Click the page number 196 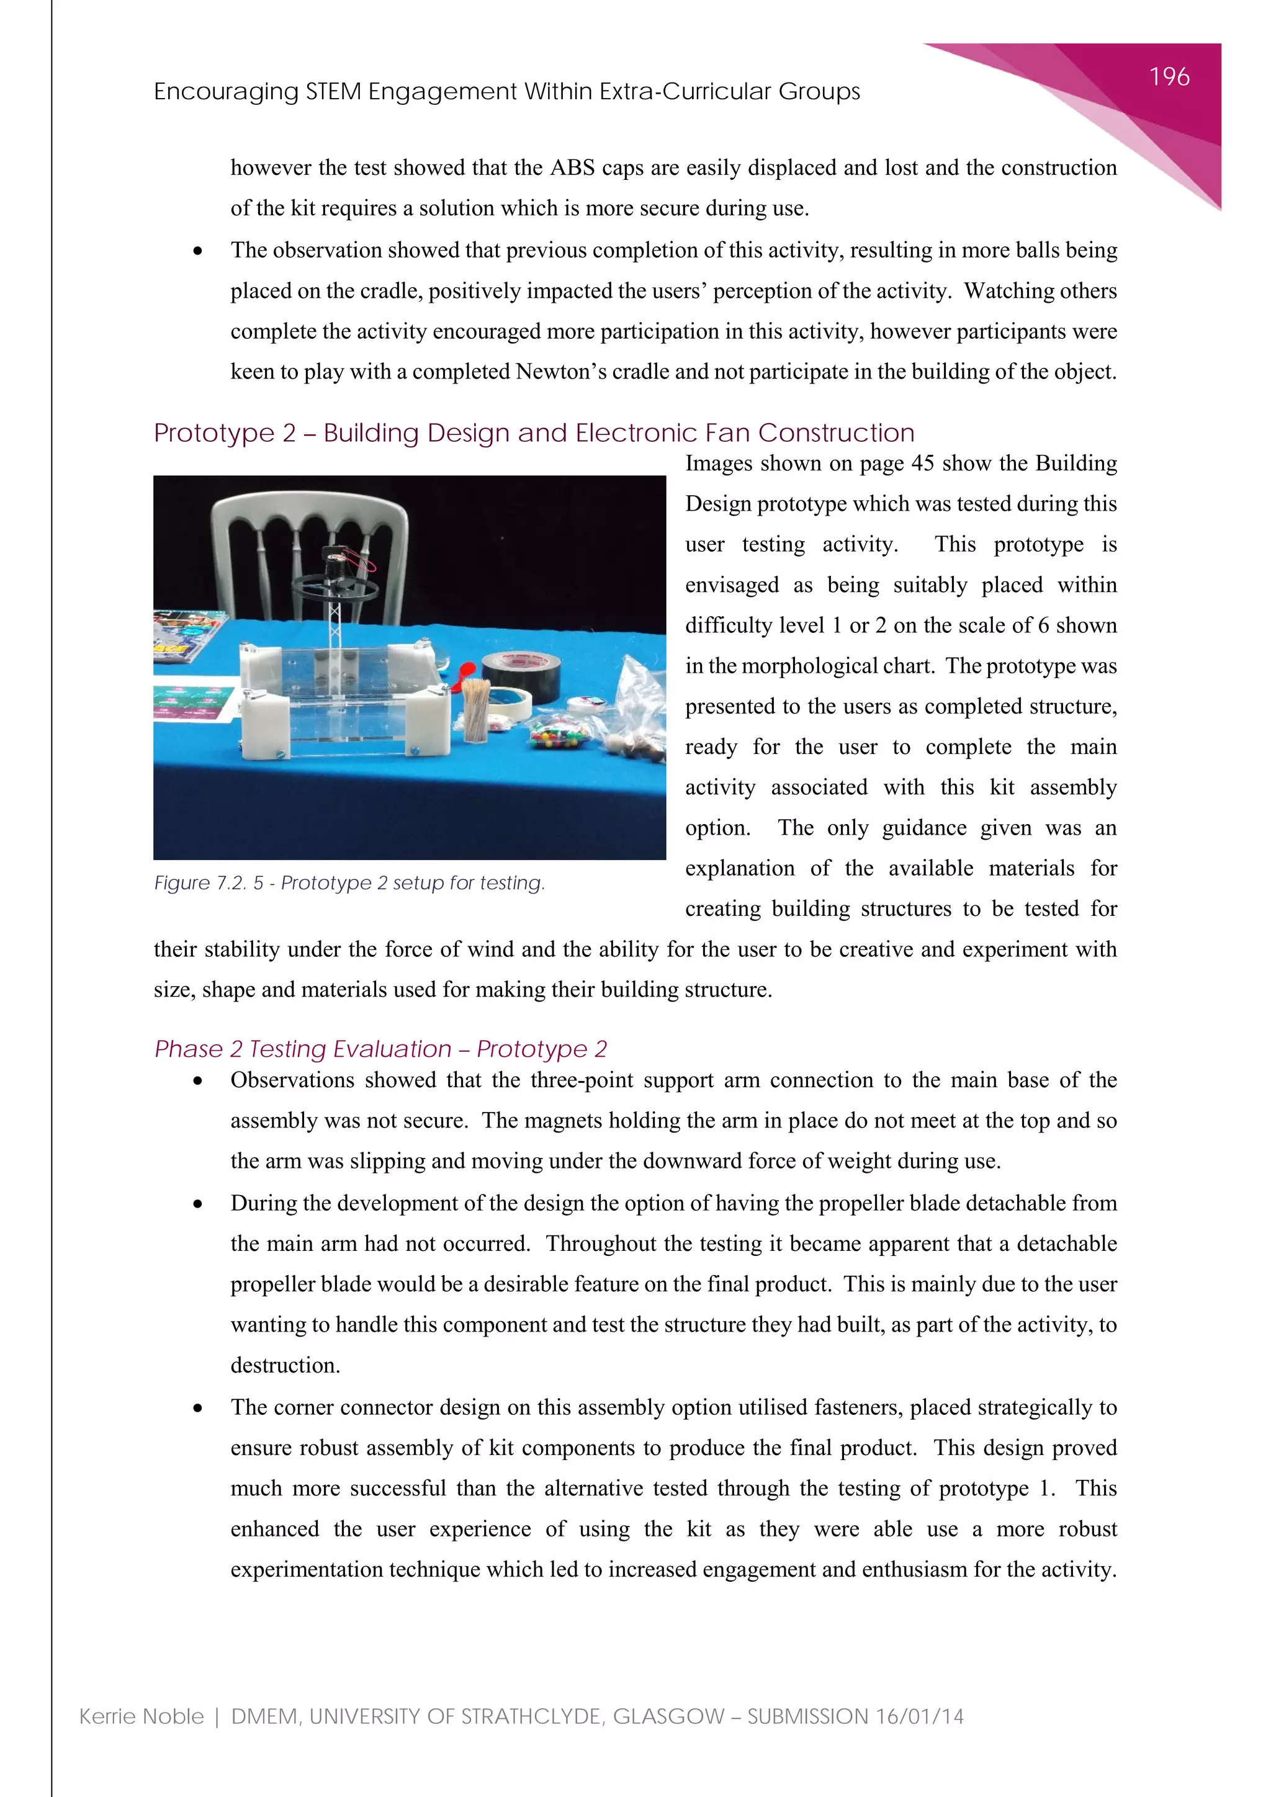pos(1169,77)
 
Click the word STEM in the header pos(333,92)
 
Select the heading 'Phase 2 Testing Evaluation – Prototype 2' pos(380,1049)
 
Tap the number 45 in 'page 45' pos(922,464)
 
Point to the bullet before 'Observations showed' pos(198,1081)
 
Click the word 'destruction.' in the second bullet pos(285,1365)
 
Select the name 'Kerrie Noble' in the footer pos(141,1716)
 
